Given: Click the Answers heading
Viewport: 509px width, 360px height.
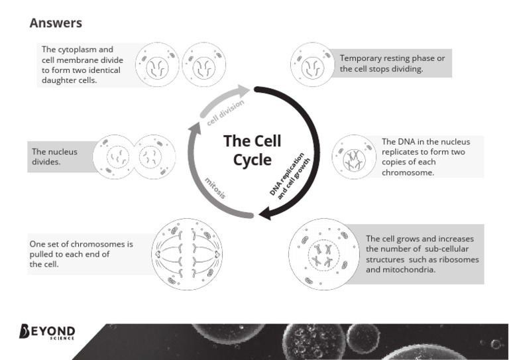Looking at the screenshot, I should [x=56, y=23].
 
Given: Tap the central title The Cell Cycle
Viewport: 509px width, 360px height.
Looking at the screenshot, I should [x=252, y=150].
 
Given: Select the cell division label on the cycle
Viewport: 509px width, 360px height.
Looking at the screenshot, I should [x=225, y=112].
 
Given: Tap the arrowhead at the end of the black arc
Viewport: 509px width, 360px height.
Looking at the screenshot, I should [x=263, y=213].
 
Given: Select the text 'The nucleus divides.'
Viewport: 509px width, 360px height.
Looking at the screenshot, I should [x=55, y=156].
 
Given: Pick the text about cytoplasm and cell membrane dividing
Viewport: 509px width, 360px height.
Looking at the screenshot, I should [x=78, y=65].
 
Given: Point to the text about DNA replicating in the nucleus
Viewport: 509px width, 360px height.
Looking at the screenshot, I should [x=427, y=156].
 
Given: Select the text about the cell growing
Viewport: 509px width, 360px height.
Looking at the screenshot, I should [x=422, y=254].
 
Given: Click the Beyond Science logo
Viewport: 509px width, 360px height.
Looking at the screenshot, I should [x=48, y=331].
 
